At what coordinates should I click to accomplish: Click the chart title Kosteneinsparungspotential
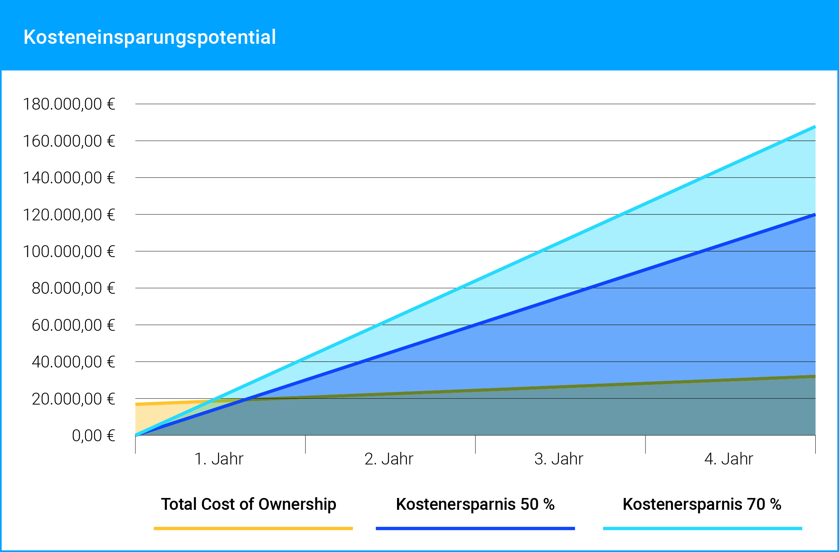coord(149,37)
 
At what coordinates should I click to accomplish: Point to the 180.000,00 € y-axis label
coord(69,104)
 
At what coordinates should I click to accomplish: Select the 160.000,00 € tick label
coord(69,141)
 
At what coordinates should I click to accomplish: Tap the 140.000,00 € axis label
coord(69,178)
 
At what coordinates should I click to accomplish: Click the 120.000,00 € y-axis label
coord(69,215)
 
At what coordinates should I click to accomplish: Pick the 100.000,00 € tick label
coord(69,252)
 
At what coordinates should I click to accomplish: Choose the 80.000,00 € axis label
coord(73,288)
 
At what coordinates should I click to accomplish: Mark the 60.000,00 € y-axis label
coord(73,325)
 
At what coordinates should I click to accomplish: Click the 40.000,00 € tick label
coord(73,362)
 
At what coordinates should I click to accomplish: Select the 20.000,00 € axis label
coord(73,399)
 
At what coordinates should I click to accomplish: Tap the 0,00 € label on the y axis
coord(93,436)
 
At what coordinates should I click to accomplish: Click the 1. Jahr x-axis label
coord(219,459)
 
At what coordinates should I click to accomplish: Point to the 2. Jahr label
coord(389,459)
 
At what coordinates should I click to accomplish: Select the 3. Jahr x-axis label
coord(559,459)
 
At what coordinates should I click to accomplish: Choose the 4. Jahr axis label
coord(729,459)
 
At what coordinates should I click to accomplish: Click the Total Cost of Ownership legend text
coord(248,504)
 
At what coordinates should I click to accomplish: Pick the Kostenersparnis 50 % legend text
coord(475,504)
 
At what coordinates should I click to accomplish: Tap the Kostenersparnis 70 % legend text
coord(702,504)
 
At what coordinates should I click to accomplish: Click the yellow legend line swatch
coord(253,528)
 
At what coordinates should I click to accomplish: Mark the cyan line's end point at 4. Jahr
coord(815,127)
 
